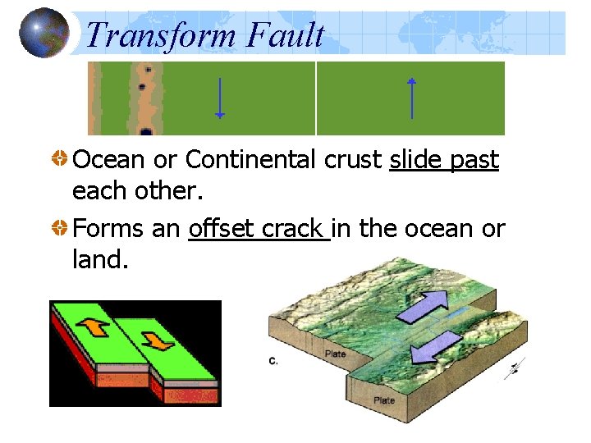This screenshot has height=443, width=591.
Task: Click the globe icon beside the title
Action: coord(44,33)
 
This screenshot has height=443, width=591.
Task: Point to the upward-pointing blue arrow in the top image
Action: coord(412,98)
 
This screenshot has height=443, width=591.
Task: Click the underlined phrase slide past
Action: coord(444,160)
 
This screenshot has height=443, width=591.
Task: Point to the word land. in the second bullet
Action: coord(100,259)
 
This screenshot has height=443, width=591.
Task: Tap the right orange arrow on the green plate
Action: coord(157,338)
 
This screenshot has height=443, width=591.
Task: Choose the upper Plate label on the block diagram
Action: coord(335,354)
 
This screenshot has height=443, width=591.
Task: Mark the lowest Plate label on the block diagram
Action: coord(384,400)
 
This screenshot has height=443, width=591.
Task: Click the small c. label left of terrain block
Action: coord(273,359)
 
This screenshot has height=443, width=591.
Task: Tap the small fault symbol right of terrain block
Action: coord(514,368)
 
